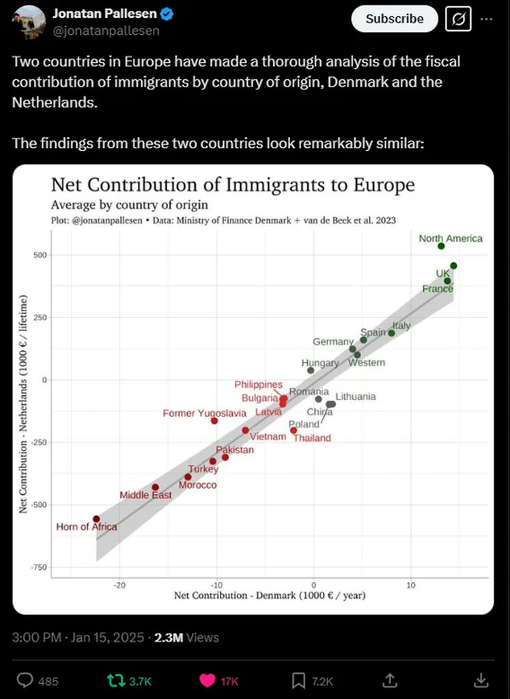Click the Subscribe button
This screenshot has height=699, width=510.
(x=394, y=19)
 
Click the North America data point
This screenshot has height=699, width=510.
(x=441, y=246)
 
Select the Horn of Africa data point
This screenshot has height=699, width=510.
(x=96, y=519)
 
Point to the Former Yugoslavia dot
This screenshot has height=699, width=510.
(x=214, y=420)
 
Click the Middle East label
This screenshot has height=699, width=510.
(x=145, y=495)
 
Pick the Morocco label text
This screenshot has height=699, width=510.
(x=197, y=485)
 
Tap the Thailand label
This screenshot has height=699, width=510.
(x=312, y=438)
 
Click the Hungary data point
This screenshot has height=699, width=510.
(x=311, y=371)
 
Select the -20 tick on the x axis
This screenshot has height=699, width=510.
(x=119, y=585)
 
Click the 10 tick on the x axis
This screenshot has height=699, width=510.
(x=411, y=585)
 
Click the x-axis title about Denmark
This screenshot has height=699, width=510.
(x=270, y=596)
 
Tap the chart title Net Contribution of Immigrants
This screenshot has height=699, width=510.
(x=233, y=185)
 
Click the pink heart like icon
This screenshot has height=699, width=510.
(x=207, y=680)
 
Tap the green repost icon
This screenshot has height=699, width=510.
(x=115, y=680)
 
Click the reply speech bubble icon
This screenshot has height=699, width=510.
(x=25, y=680)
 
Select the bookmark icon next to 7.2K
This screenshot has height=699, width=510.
(x=298, y=680)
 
